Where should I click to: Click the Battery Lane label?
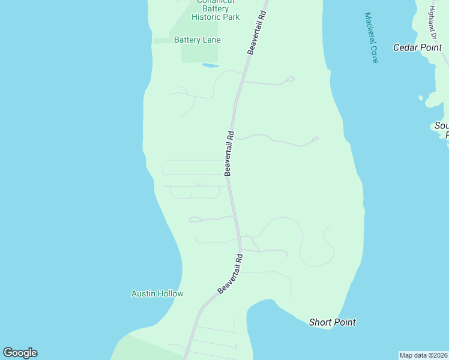click(x=197, y=40)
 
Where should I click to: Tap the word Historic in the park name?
click(x=206, y=17)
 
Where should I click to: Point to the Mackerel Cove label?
click(x=372, y=38)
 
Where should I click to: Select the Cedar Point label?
click(x=417, y=47)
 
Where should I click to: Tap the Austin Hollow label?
click(x=157, y=293)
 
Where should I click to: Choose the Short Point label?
click(x=332, y=322)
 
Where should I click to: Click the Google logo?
click(x=20, y=353)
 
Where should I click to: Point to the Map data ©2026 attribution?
click(x=424, y=355)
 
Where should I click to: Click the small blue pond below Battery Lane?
click(x=210, y=65)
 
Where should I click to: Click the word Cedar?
click(x=405, y=47)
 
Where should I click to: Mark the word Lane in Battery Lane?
click(x=211, y=40)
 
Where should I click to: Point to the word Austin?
click(x=144, y=293)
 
